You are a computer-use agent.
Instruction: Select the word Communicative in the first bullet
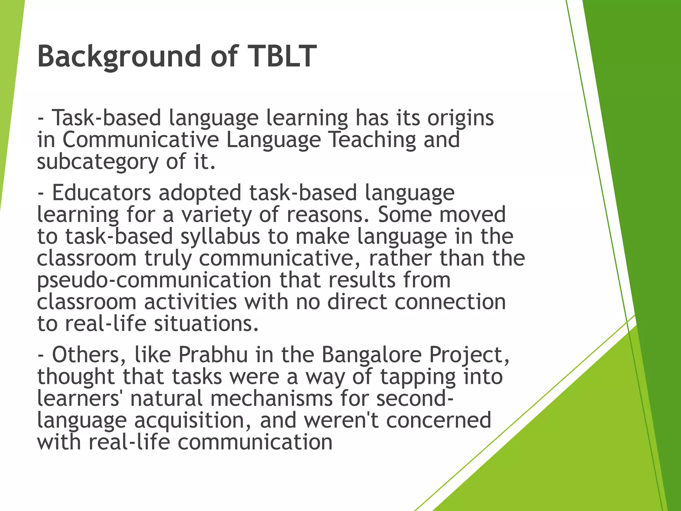pos(140,140)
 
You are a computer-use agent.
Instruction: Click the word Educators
pos(101,193)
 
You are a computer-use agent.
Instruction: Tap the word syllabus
pos(220,237)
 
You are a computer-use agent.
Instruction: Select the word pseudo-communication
pos(154,281)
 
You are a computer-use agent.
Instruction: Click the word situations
pos(206,324)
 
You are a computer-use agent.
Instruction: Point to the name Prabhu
pos(213,355)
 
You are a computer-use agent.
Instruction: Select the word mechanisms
pos(271,399)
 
